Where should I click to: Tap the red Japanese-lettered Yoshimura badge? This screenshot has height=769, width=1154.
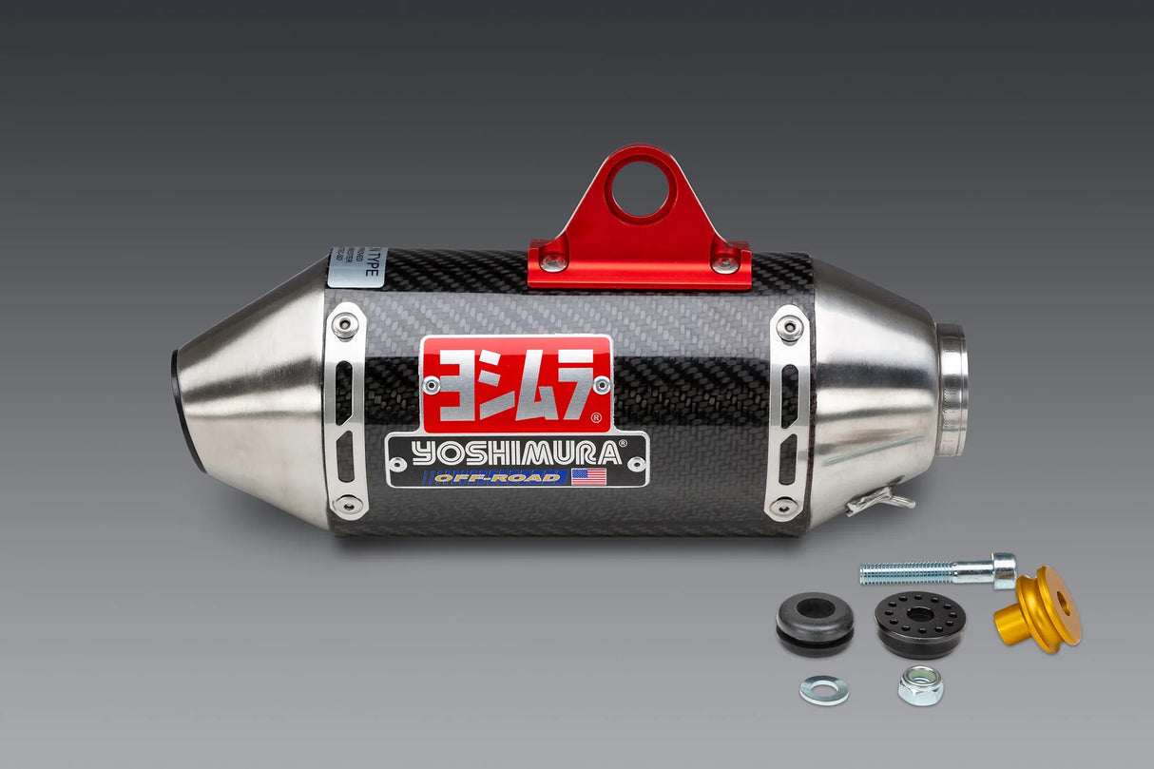[x=517, y=383]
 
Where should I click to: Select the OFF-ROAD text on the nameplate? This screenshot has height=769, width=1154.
[x=497, y=477]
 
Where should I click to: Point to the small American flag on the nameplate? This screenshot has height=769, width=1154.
[x=589, y=476]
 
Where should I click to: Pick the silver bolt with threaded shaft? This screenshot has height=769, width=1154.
[x=936, y=571]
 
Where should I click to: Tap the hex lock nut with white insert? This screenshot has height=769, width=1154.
[x=920, y=684]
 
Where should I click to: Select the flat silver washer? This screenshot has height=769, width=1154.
[x=824, y=689]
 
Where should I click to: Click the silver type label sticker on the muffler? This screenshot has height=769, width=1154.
[x=357, y=267]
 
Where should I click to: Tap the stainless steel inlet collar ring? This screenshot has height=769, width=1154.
[x=952, y=390]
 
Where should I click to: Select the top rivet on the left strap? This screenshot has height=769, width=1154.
[x=344, y=325]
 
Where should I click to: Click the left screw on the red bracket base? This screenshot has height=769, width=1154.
[x=551, y=261]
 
